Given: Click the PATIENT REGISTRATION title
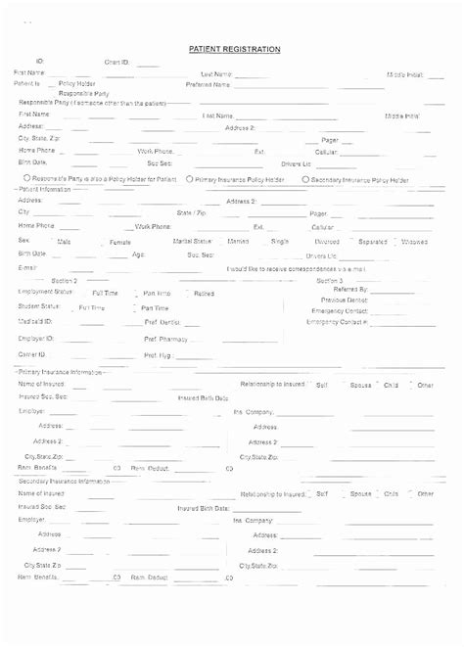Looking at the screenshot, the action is click(234, 49).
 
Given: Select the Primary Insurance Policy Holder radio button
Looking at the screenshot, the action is click(190, 180).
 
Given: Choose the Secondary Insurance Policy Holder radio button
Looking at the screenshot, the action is click(306, 180).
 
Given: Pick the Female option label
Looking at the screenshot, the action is click(119, 241).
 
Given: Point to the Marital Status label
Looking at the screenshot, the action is click(193, 240).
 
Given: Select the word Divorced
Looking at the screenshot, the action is click(327, 240).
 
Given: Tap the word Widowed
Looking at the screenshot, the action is click(414, 240).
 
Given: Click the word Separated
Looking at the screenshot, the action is click(372, 240).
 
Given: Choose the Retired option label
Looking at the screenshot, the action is click(204, 293).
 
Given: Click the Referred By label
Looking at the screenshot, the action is click(350, 290).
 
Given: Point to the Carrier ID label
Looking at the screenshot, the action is click(31, 353).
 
